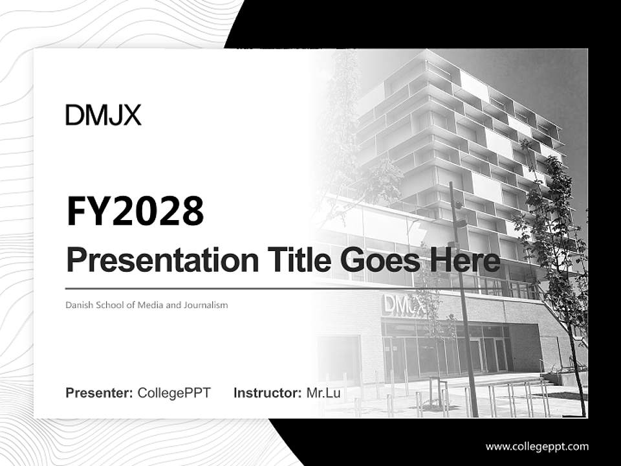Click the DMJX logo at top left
(103, 116)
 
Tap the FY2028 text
(135, 211)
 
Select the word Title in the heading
(289, 261)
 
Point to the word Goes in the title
(379, 261)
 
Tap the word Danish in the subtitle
(78, 305)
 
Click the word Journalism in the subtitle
(206, 305)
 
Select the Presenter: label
(100, 393)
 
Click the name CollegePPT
(174, 393)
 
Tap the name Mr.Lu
(323, 393)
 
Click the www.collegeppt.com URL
(537, 446)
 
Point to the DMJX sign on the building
(404, 304)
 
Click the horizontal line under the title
(194, 289)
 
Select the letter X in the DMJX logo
(131, 116)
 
